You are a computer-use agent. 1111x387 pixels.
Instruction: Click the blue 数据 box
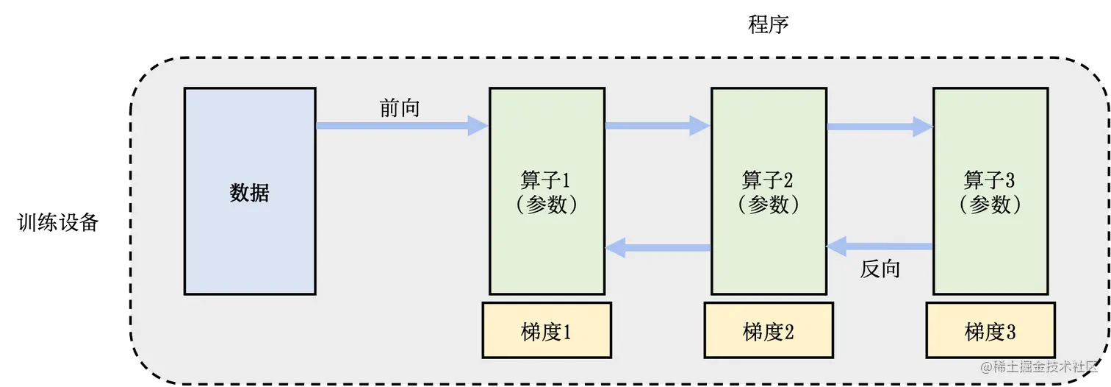[x=250, y=191]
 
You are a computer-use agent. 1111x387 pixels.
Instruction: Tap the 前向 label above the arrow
[x=400, y=108]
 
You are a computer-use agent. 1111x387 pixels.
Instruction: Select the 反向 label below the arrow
[x=880, y=269]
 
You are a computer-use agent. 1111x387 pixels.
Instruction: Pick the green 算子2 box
[x=769, y=147]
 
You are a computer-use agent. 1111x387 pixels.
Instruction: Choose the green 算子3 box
[x=990, y=147]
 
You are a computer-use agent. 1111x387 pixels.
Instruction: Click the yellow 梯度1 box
[x=547, y=333]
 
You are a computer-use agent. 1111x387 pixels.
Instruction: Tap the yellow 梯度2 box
[x=769, y=333]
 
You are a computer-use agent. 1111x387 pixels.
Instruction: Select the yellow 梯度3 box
[x=990, y=333]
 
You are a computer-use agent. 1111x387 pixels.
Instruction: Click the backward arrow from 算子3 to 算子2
[x=882, y=246]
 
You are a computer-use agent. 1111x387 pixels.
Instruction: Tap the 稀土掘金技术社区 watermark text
[x=1039, y=366]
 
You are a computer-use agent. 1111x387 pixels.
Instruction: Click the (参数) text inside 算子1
[x=547, y=205]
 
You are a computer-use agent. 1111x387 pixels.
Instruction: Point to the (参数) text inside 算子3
[x=990, y=205]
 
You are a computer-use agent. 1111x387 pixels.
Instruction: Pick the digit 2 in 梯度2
[x=788, y=333]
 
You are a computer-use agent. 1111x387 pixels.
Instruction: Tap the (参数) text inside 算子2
[x=769, y=205]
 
